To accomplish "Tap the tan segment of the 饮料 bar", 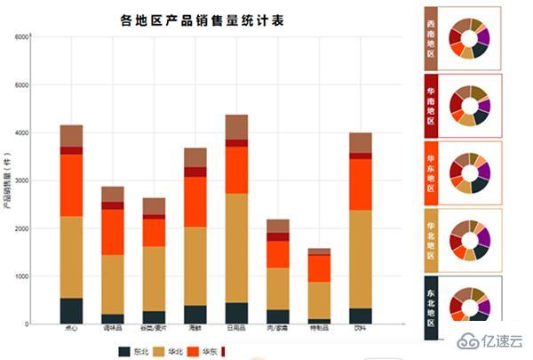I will [360, 259].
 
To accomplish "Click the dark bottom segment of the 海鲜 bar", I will [195, 315].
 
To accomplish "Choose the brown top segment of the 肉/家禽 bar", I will [278, 226].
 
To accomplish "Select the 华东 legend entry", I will [204, 351].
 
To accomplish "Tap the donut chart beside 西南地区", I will [469, 38].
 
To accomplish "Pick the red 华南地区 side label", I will [431, 105].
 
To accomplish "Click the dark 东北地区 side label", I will [431, 307].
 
